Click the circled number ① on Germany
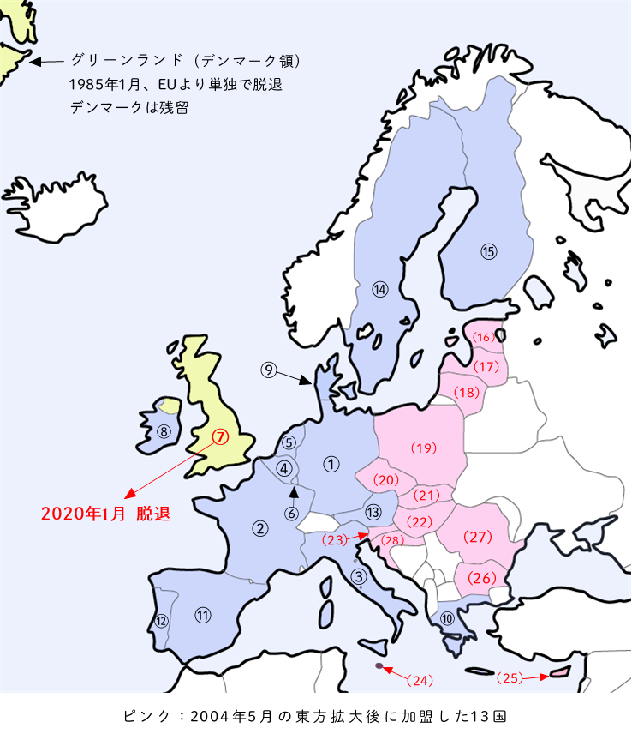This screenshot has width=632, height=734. point(331,463)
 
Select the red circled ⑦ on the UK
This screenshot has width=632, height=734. point(221,436)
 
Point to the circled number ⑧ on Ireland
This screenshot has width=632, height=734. point(164,430)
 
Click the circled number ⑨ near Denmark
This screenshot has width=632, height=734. point(269,370)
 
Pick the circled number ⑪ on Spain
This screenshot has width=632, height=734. point(202,614)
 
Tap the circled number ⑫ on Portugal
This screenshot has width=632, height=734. point(160,620)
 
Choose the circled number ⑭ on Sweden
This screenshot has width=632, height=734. point(380,289)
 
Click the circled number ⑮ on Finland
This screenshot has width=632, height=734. point(488,251)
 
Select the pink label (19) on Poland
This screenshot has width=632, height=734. point(424,447)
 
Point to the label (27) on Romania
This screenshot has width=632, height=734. point(477,537)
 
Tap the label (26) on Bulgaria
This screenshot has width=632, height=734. point(481,578)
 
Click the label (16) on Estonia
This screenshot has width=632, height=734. point(484,337)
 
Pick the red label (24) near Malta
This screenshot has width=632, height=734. point(420,680)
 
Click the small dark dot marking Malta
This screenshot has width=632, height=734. point(379,665)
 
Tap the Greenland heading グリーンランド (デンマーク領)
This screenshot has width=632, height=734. point(185,61)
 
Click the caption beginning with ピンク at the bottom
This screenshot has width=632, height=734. point(316,713)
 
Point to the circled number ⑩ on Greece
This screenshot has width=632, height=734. point(446,618)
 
